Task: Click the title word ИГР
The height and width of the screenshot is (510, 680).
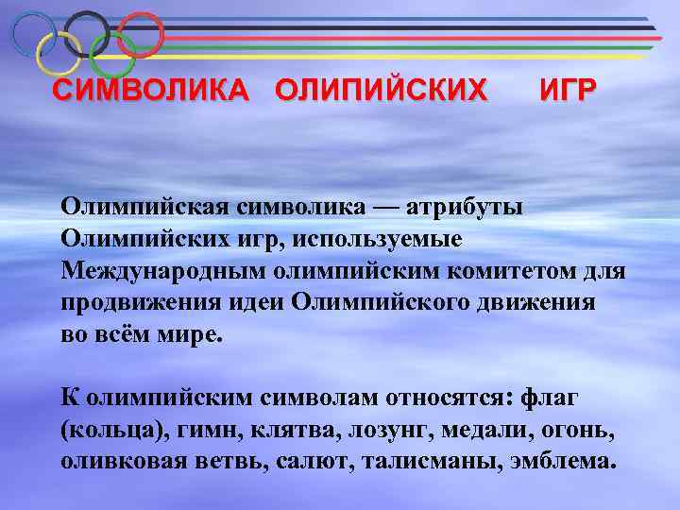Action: [567, 91]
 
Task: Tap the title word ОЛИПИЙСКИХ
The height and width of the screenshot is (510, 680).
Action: [382, 91]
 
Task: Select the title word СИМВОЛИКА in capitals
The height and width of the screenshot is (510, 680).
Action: [151, 91]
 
